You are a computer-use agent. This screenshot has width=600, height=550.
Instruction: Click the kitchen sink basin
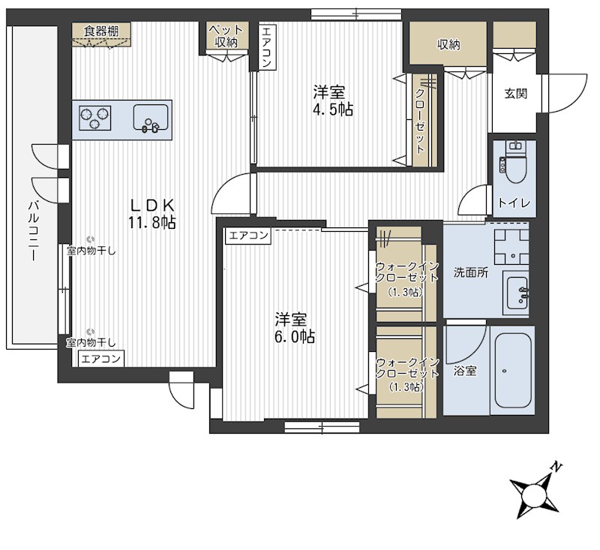coord(151,117)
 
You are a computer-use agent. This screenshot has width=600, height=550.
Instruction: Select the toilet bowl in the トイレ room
coord(515,169)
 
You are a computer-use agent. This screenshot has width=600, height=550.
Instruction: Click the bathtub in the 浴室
coord(513,371)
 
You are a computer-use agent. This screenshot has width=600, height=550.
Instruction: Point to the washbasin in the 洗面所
coord(517,293)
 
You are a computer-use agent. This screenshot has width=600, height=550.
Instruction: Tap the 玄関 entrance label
coord(515,93)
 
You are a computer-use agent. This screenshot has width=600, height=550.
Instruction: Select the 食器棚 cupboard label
coord(101,31)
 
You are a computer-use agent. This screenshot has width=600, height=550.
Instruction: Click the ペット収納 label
coord(226,35)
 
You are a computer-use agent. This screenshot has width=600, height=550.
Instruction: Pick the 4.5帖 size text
coord(333,110)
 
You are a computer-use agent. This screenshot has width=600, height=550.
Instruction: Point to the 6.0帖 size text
coord(295,337)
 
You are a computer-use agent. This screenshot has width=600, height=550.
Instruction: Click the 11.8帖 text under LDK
coord(152,223)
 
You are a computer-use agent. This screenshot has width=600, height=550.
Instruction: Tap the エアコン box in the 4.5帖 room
coord(267,47)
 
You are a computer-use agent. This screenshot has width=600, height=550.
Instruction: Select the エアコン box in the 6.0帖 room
coord(248,236)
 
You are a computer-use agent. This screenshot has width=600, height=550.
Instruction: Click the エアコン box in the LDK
coord(101,359)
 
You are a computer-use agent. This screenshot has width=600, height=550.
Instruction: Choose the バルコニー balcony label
coord(33,231)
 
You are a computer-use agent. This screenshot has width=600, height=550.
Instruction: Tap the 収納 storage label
coord(448,45)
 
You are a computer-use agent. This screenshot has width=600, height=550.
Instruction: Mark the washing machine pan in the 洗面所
coord(511,247)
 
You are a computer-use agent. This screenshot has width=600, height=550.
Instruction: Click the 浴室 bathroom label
coord(465,371)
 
